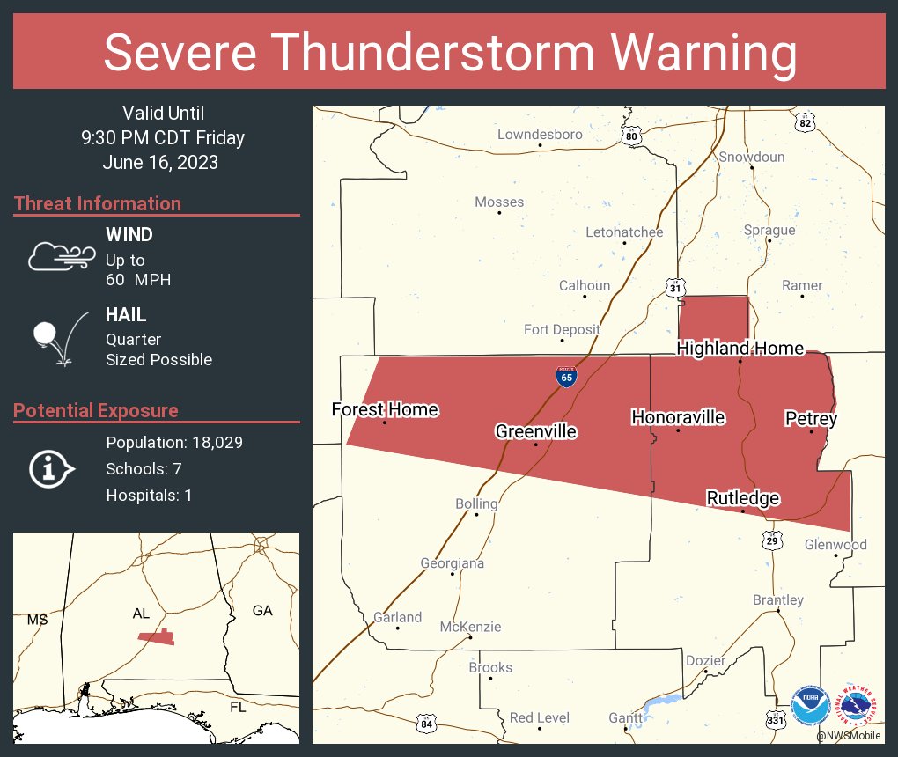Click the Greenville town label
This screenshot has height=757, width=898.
click(535, 431)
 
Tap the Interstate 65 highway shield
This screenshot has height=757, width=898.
click(567, 378)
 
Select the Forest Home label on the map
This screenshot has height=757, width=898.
click(385, 409)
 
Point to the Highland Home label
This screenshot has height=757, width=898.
click(740, 349)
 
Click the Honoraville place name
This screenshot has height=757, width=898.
click(678, 417)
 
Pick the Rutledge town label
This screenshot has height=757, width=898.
click(743, 498)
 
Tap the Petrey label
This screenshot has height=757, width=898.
click(811, 419)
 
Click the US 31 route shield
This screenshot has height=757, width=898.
click(674, 288)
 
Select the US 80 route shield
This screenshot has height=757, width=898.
click(630, 136)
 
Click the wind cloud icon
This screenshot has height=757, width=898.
click(61, 255)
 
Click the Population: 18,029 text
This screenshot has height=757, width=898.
click(174, 442)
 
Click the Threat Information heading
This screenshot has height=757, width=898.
click(98, 203)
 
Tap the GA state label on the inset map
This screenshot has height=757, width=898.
click(262, 610)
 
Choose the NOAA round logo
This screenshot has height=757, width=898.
click(810, 706)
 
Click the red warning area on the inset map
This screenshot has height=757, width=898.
click(157, 637)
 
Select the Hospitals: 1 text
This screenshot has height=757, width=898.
click(149, 495)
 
